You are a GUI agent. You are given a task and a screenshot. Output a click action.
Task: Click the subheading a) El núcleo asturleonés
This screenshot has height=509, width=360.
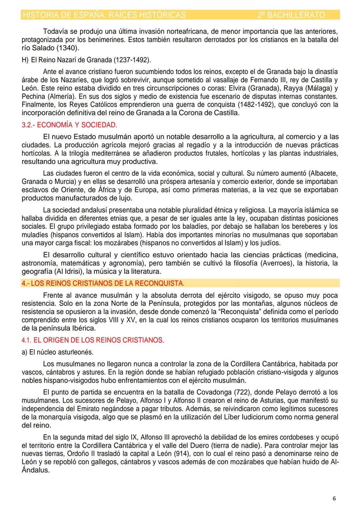[x=57, y=352]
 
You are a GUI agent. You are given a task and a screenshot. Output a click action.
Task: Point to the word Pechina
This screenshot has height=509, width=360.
[x=33, y=97]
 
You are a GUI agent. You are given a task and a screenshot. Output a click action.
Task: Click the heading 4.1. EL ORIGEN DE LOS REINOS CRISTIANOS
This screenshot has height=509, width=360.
[x=93, y=340]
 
